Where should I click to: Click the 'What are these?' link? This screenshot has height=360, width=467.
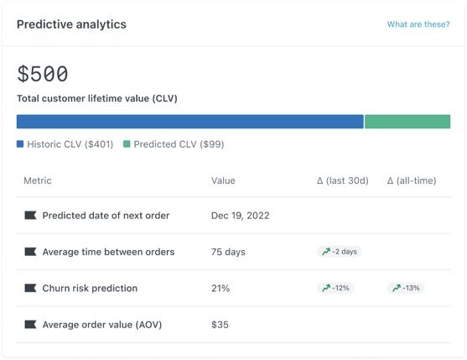pyautogui.click(x=418, y=24)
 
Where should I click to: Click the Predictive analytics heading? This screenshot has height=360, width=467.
pyautogui.click(x=71, y=24)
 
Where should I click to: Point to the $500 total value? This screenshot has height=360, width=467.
pyautogui.click(x=43, y=74)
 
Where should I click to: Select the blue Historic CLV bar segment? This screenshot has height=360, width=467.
pyautogui.click(x=189, y=122)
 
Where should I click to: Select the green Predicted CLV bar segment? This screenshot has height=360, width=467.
pyautogui.click(x=407, y=122)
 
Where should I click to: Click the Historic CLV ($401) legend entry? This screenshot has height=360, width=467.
pyautogui.click(x=65, y=144)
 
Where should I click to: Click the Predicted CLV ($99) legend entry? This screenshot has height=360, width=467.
pyautogui.click(x=174, y=144)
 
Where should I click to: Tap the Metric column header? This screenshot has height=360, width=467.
pyautogui.click(x=38, y=180)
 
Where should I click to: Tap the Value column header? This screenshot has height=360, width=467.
pyautogui.click(x=223, y=180)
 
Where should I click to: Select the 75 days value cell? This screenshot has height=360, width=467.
pyautogui.click(x=229, y=252)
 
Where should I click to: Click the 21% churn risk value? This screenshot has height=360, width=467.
pyautogui.click(x=221, y=288)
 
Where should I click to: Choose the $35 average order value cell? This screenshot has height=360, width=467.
pyautogui.click(x=220, y=324)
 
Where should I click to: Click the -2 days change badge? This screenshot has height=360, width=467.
pyautogui.click(x=339, y=252)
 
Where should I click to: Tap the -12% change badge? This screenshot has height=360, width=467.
pyautogui.click(x=335, y=288)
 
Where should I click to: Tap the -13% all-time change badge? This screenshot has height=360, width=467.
pyautogui.click(x=406, y=288)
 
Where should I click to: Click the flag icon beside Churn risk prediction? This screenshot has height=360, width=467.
pyautogui.click(x=30, y=288)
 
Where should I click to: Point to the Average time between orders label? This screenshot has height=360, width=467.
pyautogui.click(x=108, y=252)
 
